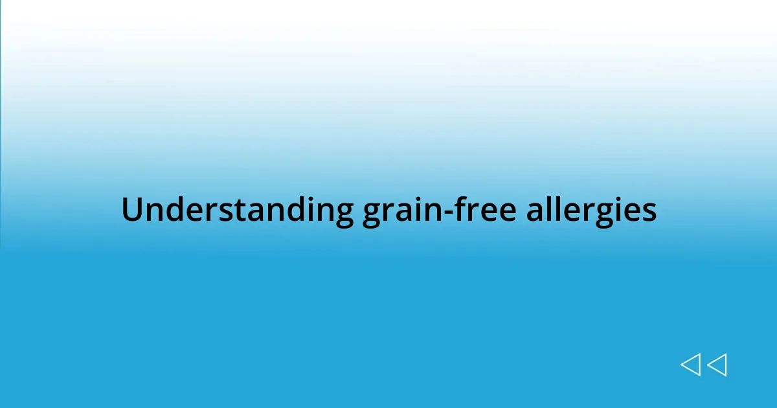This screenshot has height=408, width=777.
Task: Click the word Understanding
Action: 237,210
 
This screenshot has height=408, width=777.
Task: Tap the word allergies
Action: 591,210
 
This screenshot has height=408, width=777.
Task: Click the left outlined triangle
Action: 690,365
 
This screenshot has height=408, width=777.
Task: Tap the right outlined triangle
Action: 717,365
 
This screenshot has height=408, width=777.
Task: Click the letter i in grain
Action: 416,210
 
